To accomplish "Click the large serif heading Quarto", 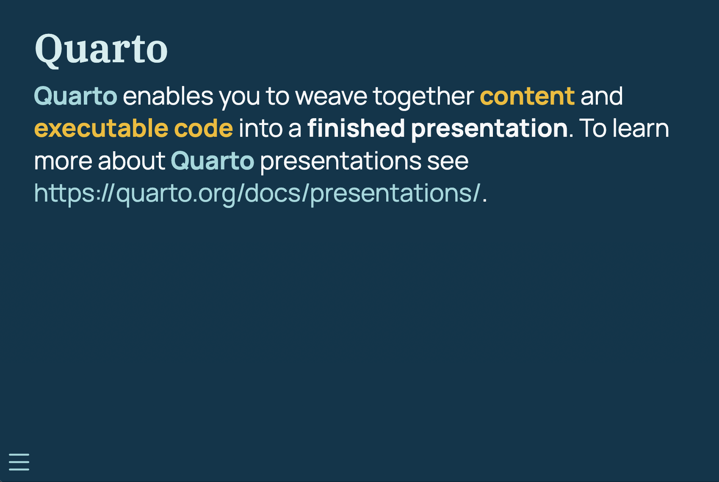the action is coord(101,50).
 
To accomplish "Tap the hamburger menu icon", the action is coord(19,462).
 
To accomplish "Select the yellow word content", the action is coord(527,96).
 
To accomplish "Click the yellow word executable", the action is coord(102,128).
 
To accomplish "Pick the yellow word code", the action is coord(204,128).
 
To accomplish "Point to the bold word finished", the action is coord(356,128).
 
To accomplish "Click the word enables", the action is coord(168,96).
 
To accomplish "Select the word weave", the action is coord(331,96).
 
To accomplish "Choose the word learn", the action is coord(641,128).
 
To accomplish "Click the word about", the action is coord(132,161).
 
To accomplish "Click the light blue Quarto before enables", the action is coord(76,96).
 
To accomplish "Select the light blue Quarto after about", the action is coord(213,161).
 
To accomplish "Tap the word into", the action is coord(260,128).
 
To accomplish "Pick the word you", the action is coord(239,98).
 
